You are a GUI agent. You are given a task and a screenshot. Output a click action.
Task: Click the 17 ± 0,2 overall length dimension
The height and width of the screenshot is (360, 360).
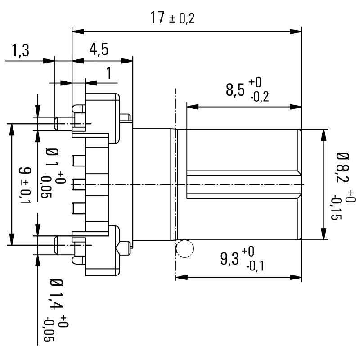(x=173, y=18)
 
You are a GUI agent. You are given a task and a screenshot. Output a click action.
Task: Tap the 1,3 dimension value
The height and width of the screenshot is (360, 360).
(x=20, y=51)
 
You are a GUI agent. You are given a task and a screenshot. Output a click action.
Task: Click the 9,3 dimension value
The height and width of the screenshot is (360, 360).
(x=229, y=259)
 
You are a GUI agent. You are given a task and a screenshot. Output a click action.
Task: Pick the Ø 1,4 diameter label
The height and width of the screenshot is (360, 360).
(x=56, y=295)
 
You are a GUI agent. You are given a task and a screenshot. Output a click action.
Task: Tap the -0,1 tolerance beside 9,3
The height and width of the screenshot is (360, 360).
(x=254, y=266)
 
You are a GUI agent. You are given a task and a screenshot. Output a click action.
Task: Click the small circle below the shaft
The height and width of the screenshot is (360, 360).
(x=184, y=248)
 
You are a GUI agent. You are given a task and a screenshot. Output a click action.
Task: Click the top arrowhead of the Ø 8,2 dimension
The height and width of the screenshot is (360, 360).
(x=323, y=134)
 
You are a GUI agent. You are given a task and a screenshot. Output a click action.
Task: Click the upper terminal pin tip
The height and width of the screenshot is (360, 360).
(x=56, y=122)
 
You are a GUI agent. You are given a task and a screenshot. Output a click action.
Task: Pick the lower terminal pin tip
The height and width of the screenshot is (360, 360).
(x=56, y=245)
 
